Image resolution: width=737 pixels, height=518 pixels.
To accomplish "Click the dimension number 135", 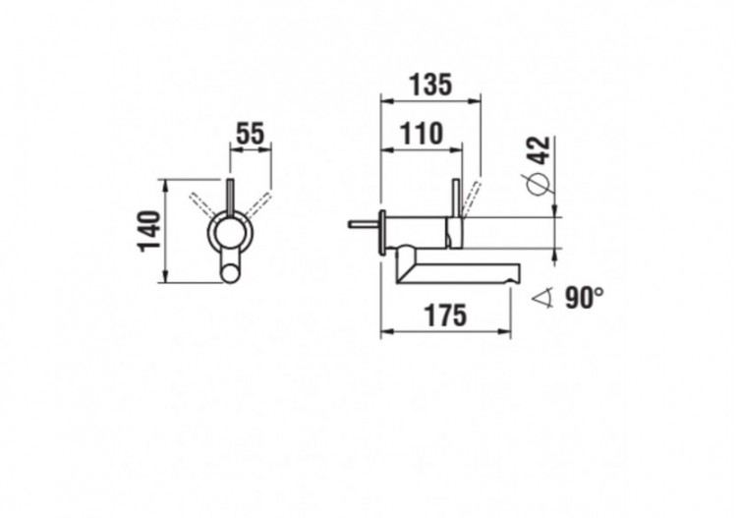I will (x=430, y=85).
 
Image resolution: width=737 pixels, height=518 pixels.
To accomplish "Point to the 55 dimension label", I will (x=250, y=134).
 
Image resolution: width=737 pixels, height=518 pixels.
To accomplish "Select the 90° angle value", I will (x=585, y=298).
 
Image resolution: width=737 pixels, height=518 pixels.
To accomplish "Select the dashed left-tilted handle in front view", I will (x=202, y=200).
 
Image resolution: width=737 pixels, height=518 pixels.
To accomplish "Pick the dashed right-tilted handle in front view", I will (x=259, y=201).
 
